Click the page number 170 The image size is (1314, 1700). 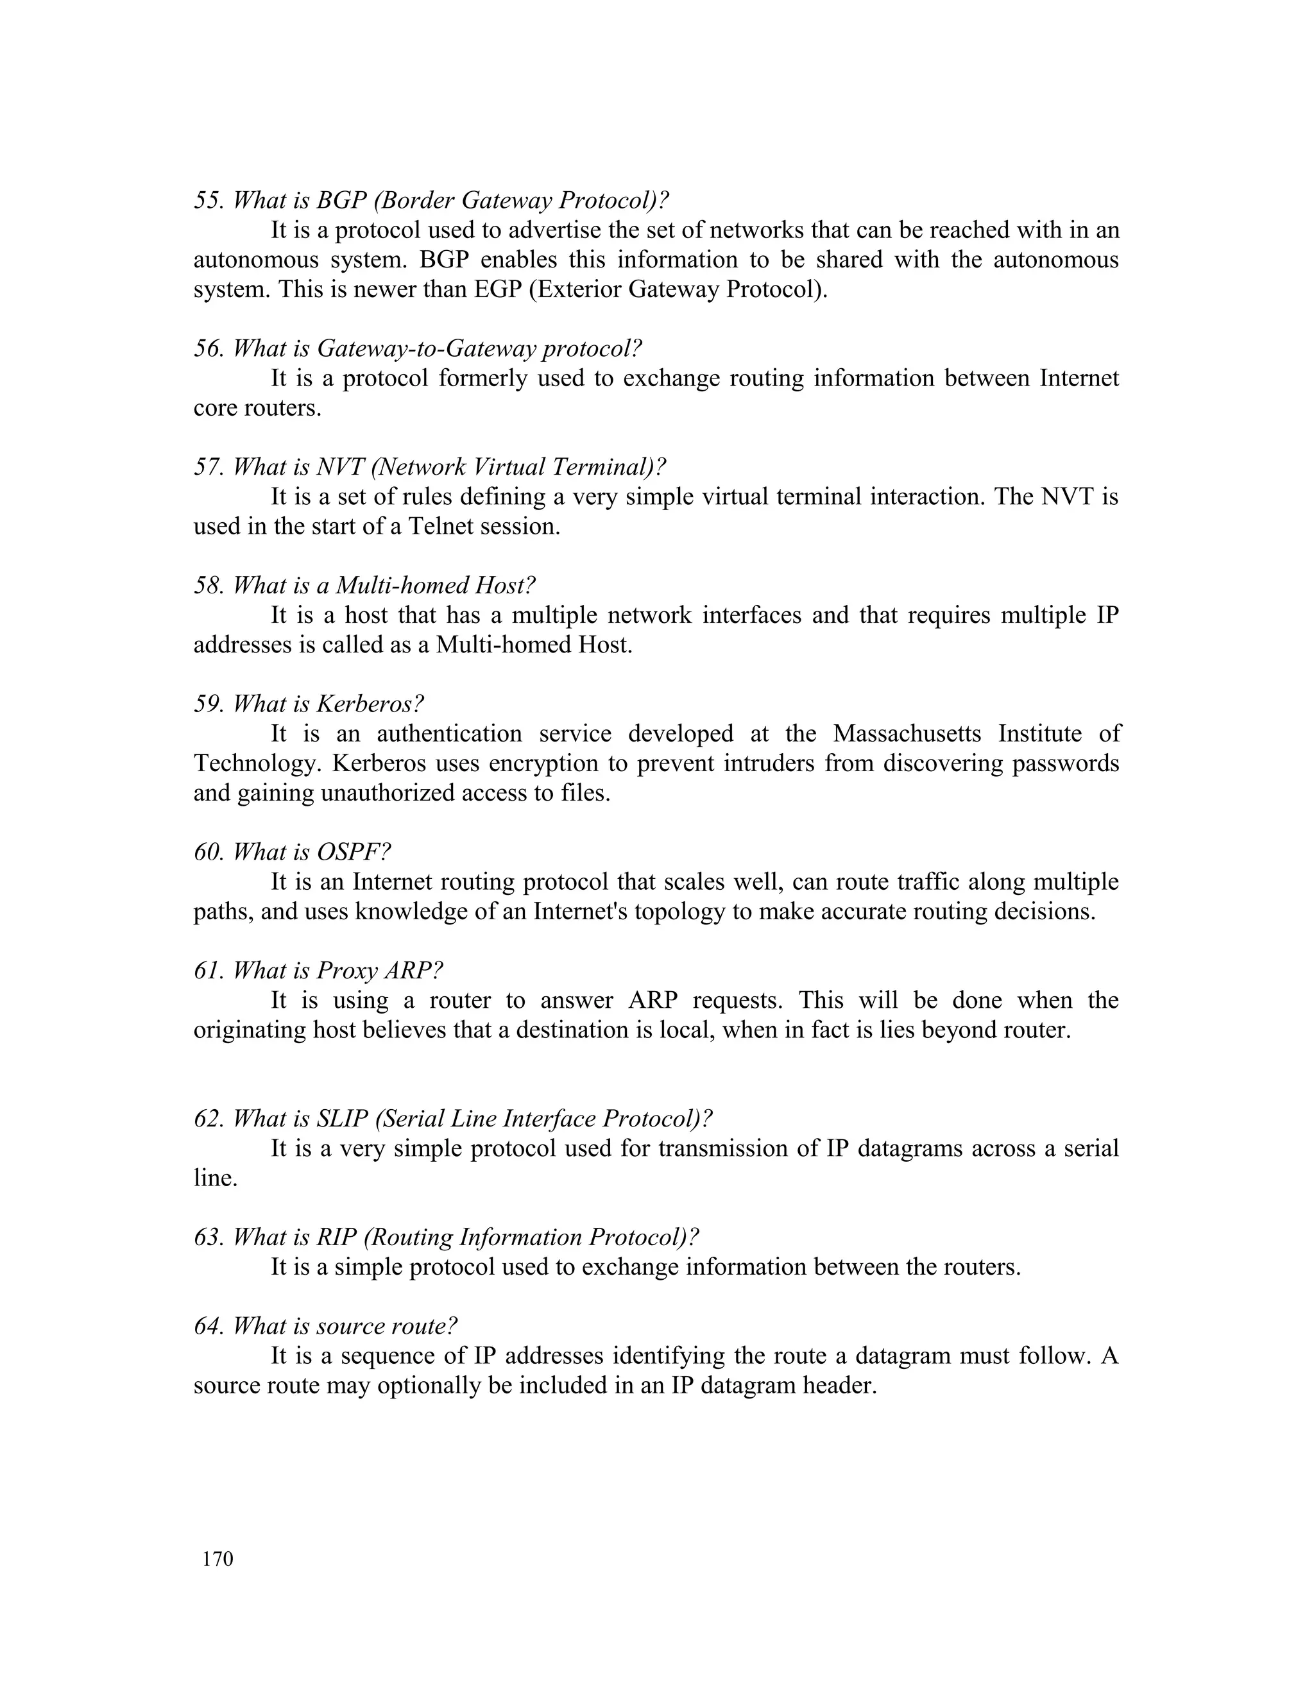click(x=218, y=1559)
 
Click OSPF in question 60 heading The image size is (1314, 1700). click(x=352, y=853)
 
